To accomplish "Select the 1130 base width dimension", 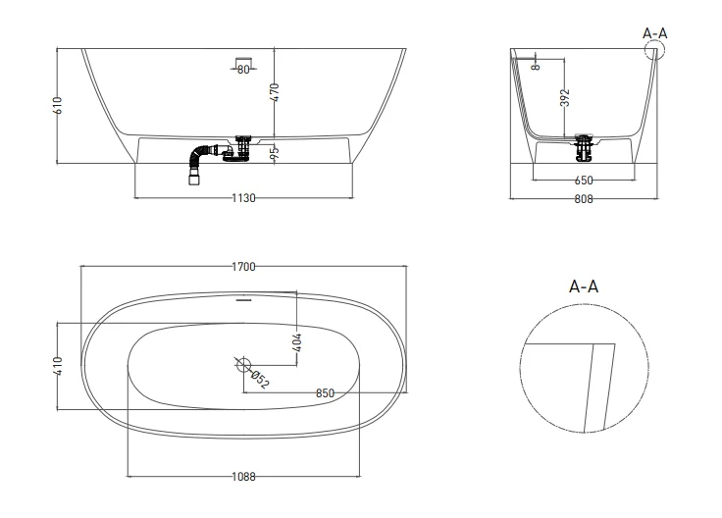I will [243, 198].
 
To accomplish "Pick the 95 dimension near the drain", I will [276, 152].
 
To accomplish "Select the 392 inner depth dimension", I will [567, 98].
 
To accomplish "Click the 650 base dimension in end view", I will [583, 181].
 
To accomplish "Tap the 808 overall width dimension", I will [583, 198].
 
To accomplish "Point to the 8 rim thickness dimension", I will [536, 67].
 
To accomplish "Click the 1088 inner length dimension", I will [243, 477].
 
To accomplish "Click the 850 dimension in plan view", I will [325, 393].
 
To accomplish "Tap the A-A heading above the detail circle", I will [584, 287].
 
